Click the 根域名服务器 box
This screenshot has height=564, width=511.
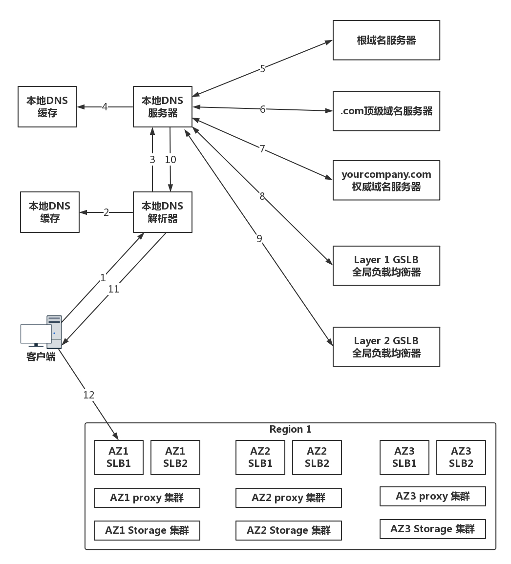pyautogui.click(x=386, y=40)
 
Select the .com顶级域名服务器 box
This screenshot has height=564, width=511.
pyautogui.click(x=386, y=111)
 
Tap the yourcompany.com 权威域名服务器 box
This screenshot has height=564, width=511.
pyautogui.click(x=386, y=180)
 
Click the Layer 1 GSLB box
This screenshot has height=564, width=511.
pyautogui.click(x=386, y=266)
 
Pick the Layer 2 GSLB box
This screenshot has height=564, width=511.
pyautogui.click(x=386, y=347)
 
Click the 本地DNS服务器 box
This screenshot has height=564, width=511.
pyautogui.click(x=162, y=106)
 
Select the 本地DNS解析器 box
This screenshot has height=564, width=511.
pyautogui.click(x=162, y=212)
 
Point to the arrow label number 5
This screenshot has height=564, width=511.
pyautogui.click(x=262, y=69)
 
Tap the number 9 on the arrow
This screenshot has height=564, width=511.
pyautogui.click(x=259, y=238)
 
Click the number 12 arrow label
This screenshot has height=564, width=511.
pyautogui.click(x=88, y=395)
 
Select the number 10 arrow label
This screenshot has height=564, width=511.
pyautogui.click(x=170, y=159)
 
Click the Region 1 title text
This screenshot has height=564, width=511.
pyautogui.click(x=290, y=429)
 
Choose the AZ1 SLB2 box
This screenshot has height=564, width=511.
pyautogui.click(x=175, y=458)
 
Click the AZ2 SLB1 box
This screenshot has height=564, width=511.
pyautogui.click(x=260, y=458)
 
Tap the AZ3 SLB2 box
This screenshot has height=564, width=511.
pyautogui.click(x=461, y=458)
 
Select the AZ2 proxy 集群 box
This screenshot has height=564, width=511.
pyautogui.click(x=288, y=498)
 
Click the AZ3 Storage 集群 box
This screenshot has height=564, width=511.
pyautogui.click(x=432, y=529)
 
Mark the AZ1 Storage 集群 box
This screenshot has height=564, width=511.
pyautogui.click(x=147, y=530)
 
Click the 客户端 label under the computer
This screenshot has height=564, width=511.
pyautogui.click(x=41, y=357)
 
